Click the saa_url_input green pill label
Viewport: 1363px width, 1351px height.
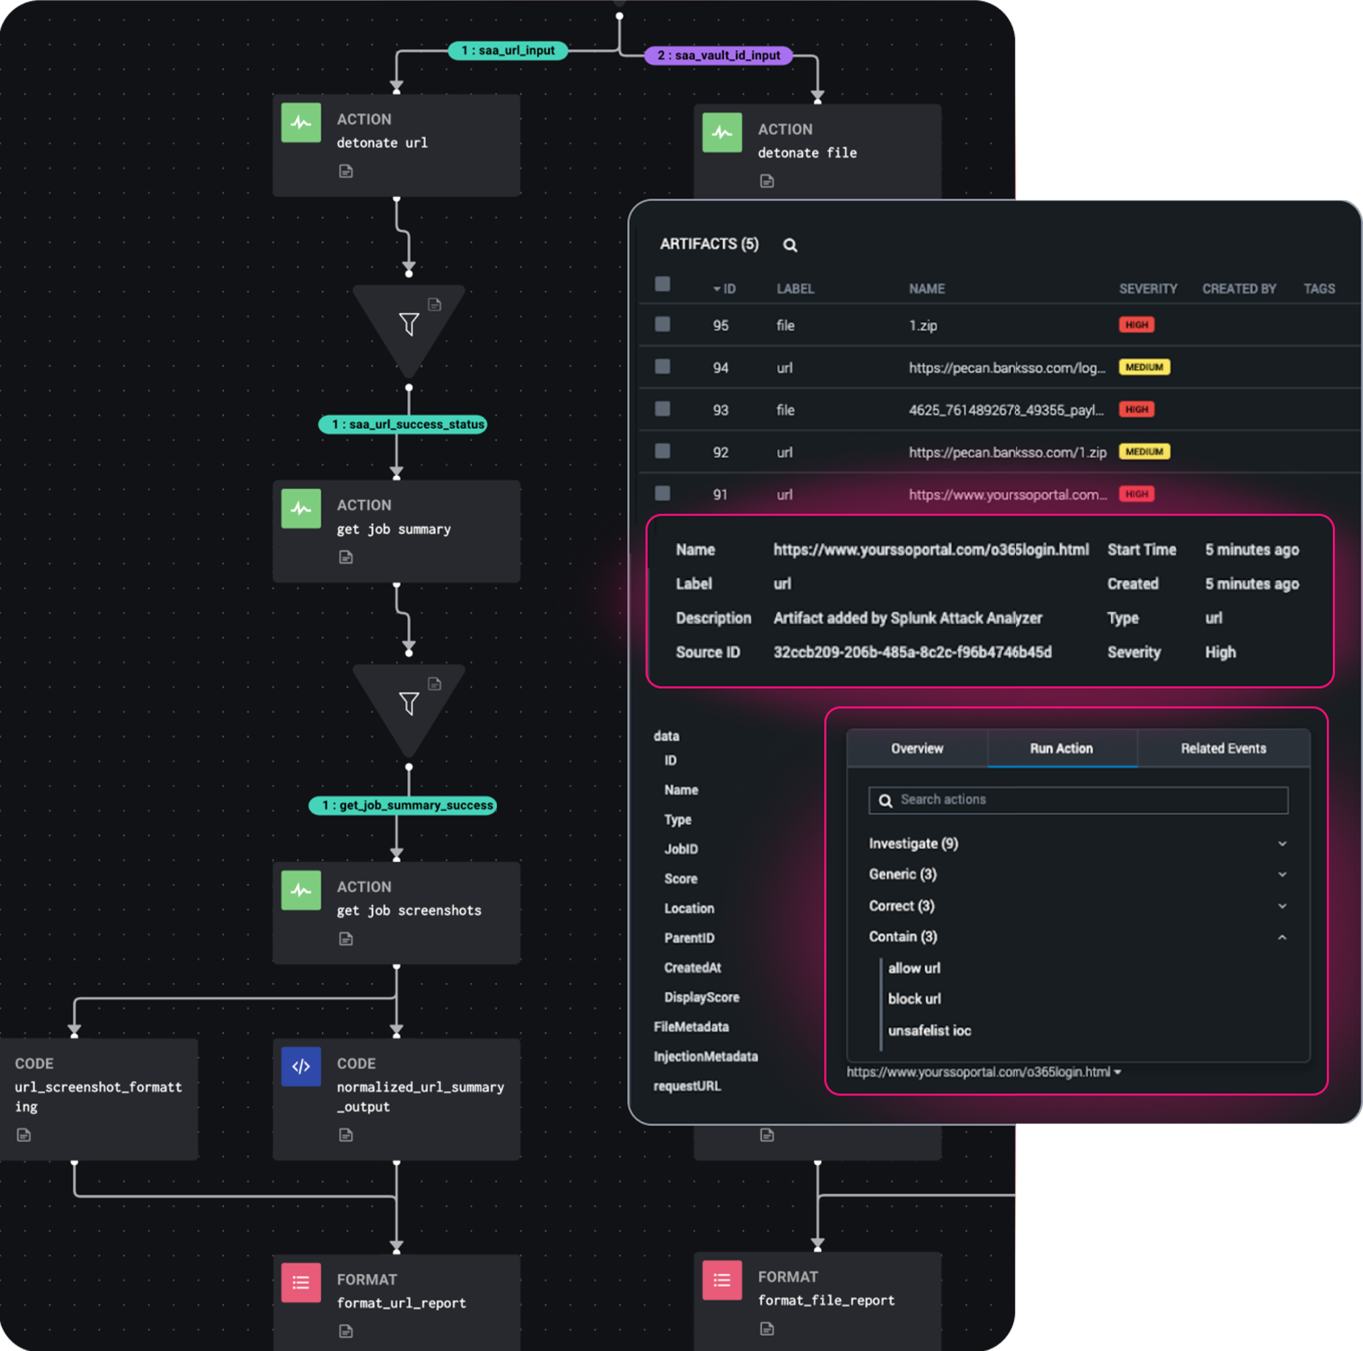pos(507,51)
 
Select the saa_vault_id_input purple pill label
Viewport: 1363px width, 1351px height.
pos(718,56)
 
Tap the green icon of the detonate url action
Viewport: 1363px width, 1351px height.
pos(301,123)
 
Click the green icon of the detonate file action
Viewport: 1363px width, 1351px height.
pos(722,133)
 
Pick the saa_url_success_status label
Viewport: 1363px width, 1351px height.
pos(403,424)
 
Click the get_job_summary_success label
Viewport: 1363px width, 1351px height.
pos(403,805)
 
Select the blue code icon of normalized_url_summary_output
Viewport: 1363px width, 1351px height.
pos(301,1066)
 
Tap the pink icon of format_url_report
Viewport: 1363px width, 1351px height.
pos(301,1282)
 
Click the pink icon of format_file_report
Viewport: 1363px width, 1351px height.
pos(722,1280)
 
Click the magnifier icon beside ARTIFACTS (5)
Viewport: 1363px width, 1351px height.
pos(790,245)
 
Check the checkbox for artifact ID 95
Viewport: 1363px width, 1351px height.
pos(663,325)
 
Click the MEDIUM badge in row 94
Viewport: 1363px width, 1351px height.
pos(1143,367)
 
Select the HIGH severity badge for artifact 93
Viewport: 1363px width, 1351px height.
pos(1136,410)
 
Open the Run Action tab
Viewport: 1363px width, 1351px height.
pos(1061,748)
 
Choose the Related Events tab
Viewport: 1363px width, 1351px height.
pos(1224,748)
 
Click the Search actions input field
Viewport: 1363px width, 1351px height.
pos(1086,800)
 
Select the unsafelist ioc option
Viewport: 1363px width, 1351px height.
pos(929,1030)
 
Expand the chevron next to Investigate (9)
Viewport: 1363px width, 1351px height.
pos(1282,844)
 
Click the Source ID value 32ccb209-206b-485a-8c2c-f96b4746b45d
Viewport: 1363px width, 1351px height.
pos(912,652)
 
